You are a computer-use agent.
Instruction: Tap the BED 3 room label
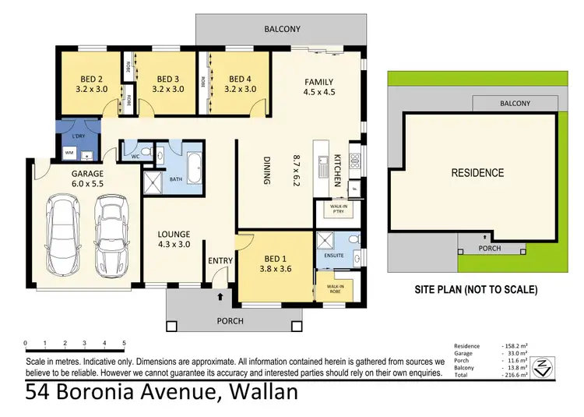[168, 83]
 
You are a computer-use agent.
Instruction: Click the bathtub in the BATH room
[194, 164]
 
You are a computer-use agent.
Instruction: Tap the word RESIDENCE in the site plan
[477, 173]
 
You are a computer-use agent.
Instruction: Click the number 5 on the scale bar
[124, 343]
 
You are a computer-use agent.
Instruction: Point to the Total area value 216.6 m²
[515, 375]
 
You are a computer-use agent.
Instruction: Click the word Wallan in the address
[259, 393]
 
